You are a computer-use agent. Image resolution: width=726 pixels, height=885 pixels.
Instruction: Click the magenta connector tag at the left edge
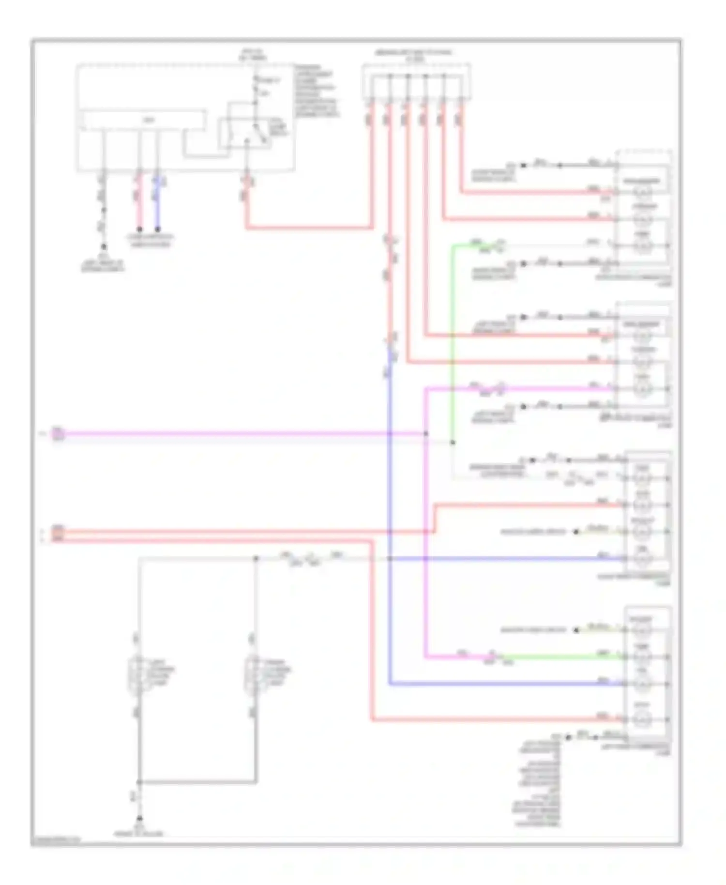coord(58,434)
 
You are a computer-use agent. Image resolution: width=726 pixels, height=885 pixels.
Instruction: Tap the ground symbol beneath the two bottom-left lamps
coord(139,819)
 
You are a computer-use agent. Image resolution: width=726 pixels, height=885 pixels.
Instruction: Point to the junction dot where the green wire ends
coord(453,442)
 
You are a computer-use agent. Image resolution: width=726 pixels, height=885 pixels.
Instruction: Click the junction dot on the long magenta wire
coord(426,434)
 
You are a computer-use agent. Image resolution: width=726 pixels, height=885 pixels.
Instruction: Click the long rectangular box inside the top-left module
coord(143,121)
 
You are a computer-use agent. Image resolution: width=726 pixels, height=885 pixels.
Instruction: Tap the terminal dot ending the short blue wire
coord(157,229)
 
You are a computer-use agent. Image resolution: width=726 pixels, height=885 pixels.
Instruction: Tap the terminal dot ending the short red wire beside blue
coord(139,229)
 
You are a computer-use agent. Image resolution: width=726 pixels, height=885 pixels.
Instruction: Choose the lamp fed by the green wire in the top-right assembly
coord(643,246)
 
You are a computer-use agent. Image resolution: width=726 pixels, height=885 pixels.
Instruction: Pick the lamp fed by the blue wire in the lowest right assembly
coord(642,685)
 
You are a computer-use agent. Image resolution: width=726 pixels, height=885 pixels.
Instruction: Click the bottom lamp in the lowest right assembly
coord(642,719)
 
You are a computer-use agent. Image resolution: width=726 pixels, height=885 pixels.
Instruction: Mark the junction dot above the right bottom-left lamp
coord(256,559)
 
